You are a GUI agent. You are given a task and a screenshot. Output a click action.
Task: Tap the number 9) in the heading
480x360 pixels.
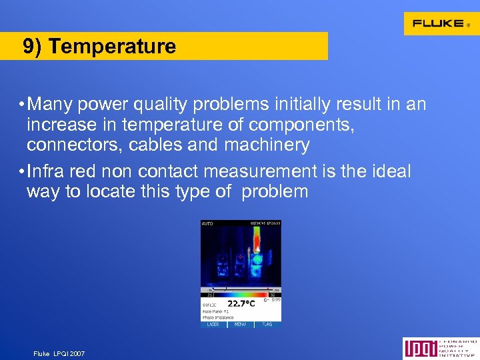(33, 47)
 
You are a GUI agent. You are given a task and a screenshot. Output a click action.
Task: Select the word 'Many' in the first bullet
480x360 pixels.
(51, 105)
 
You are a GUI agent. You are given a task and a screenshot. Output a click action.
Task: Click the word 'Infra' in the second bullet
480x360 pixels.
(47, 172)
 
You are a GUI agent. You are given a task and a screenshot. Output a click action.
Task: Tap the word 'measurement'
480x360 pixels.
(260, 172)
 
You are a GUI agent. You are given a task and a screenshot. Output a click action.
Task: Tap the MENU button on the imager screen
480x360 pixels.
(240, 325)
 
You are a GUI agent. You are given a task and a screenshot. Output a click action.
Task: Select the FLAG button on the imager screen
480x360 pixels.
(267, 325)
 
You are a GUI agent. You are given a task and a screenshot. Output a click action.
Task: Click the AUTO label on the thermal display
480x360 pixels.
(207, 223)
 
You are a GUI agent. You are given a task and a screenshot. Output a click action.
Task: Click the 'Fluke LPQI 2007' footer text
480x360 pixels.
(59, 353)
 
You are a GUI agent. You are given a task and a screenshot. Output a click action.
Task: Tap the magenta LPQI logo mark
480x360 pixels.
(414, 349)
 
